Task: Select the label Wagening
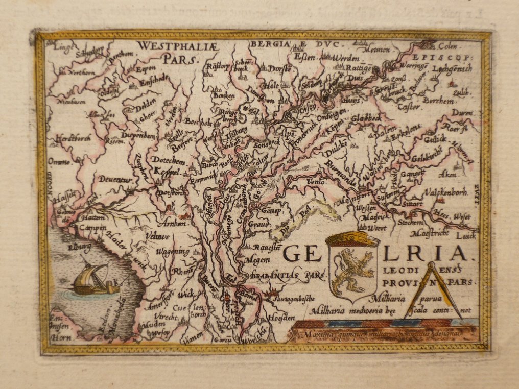pyautogui.click(x=173, y=252)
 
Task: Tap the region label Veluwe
pyautogui.click(x=157, y=237)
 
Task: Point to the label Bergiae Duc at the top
pyautogui.click(x=294, y=44)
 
